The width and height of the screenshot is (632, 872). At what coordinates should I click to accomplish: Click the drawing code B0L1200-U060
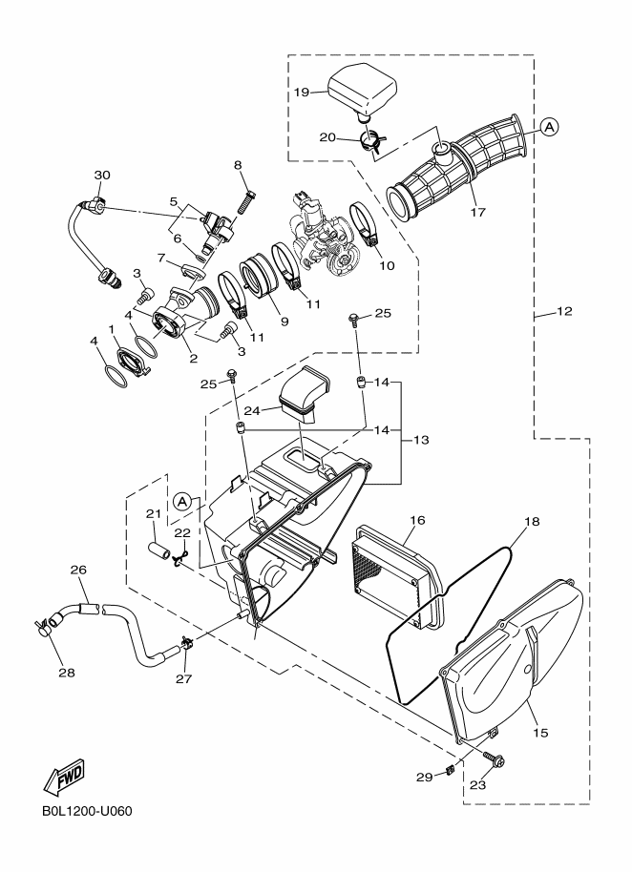(x=87, y=813)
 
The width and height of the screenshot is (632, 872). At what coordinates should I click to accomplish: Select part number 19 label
(x=302, y=93)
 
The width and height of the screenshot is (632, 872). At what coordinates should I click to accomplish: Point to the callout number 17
(x=477, y=212)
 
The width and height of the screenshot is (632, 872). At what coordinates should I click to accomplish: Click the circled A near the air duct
(x=550, y=126)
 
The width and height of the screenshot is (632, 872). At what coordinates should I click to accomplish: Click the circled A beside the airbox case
(x=184, y=501)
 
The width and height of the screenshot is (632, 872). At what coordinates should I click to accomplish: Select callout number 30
(x=102, y=175)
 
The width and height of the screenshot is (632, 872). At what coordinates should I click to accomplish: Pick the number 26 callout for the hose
(x=78, y=571)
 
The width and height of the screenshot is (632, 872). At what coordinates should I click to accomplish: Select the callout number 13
(x=420, y=441)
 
